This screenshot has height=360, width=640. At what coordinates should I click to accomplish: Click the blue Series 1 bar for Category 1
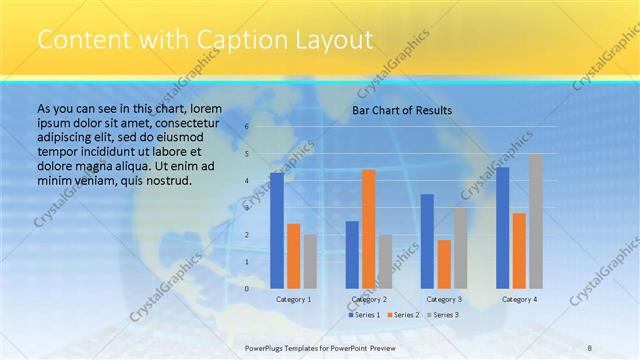[x=277, y=230]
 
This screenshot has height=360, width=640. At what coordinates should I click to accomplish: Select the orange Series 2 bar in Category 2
[x=368, y=228]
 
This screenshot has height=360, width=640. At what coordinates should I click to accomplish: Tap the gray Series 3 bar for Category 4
[x=536, y=221]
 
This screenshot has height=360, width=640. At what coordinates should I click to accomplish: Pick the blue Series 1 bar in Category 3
[x=427, y=241]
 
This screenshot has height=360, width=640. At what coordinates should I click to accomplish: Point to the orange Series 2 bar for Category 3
[x=444, y=264]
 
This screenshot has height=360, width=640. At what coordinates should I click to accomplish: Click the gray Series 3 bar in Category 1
[x=310, y=261]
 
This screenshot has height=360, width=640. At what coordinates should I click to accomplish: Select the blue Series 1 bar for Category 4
[x=503, y=227]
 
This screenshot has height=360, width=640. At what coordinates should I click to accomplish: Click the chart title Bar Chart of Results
[x=402, y=110]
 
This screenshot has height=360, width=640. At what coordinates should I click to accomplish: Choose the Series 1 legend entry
[x=364, y=315]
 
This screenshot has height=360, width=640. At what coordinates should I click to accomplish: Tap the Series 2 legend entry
[x=403, y=315]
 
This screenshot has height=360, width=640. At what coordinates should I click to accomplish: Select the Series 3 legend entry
[x=442, y=315]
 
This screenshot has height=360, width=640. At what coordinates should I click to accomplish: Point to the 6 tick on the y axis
[x=246, y=127]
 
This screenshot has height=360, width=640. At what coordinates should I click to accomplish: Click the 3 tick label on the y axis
[x=246, y=208]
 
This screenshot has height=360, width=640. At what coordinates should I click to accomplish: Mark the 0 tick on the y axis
[x=246, y=288]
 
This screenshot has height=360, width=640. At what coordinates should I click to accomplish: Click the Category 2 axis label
[x=369, y=299]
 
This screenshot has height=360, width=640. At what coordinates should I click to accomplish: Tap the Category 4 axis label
[x=519, y=299]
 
